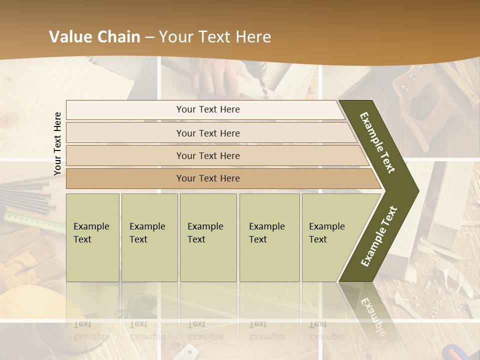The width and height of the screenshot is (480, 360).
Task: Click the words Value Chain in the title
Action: point(94,37)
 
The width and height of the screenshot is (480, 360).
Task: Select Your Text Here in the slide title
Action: point(215,37)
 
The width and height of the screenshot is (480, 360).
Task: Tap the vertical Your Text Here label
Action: point(57,143)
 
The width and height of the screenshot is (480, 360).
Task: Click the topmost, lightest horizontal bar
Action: point(208,109)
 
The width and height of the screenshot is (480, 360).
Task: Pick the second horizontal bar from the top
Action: point(208,133)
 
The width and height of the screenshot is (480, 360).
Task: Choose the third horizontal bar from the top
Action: point(208,155)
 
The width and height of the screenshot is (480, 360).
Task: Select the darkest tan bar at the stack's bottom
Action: point(208,178)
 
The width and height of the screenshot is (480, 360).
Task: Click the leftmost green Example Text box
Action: point(92,237)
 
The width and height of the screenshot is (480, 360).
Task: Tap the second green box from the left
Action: point(149,237)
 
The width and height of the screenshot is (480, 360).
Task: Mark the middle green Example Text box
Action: point(208,237)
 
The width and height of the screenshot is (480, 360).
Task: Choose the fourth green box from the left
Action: point(269,237)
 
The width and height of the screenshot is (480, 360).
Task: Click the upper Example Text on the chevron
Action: point(377,142)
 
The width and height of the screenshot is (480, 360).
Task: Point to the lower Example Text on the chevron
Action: point(379,236)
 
